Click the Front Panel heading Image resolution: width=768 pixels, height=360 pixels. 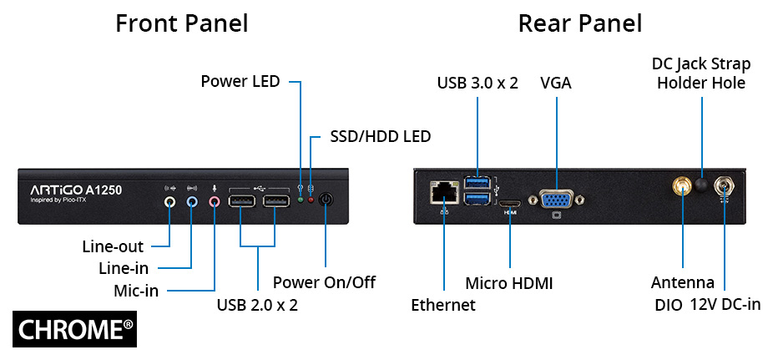click(181, 23)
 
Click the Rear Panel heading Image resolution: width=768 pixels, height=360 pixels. click(580, 23)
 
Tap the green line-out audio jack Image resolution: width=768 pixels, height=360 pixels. click(170, 200)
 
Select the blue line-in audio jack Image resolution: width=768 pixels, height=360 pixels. click(192, 200)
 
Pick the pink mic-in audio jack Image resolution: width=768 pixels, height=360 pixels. click(215, 200)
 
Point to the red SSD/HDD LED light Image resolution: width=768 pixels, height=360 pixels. click(311, 200)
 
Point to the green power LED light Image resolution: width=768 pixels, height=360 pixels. click(301, 200)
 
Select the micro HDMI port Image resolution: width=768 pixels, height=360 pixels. click(509, 203)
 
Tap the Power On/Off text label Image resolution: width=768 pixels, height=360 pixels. click(324, 282)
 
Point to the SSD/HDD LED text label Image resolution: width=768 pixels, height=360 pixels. click(380, 136)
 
